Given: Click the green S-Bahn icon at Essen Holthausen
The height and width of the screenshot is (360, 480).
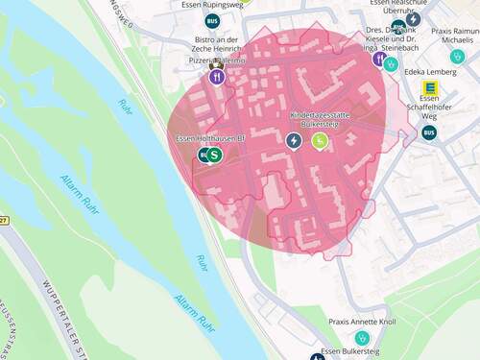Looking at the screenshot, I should [215, 155].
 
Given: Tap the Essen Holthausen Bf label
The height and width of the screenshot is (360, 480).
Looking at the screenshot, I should [211, 139].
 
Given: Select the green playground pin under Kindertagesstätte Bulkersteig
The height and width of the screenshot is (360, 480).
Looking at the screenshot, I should [321, 141].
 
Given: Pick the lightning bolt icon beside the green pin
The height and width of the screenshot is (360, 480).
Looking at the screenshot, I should [294, 141].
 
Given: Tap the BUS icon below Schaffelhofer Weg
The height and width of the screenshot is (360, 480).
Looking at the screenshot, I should [428, 132].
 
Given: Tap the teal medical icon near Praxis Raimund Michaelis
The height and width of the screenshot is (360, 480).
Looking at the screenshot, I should [457, 58].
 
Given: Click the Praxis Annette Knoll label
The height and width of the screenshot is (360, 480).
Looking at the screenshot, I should [361, 322].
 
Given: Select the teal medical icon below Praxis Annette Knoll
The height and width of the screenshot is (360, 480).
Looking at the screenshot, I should [362, 339].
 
